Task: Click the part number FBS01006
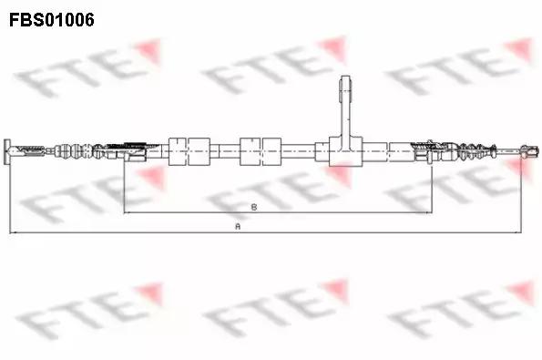tap(52, 20)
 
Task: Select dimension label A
tap(238, 227)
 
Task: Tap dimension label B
tap(254, 207)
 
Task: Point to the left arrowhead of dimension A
tap(13, 232)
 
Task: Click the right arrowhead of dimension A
tap(518, 232)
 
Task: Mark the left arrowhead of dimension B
tap(127, 212)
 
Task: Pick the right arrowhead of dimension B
tap(429, 212)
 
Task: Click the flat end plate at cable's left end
tap(7, 152)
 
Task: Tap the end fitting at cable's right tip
tap(530, 151)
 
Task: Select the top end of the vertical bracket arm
tap(345, 77)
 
